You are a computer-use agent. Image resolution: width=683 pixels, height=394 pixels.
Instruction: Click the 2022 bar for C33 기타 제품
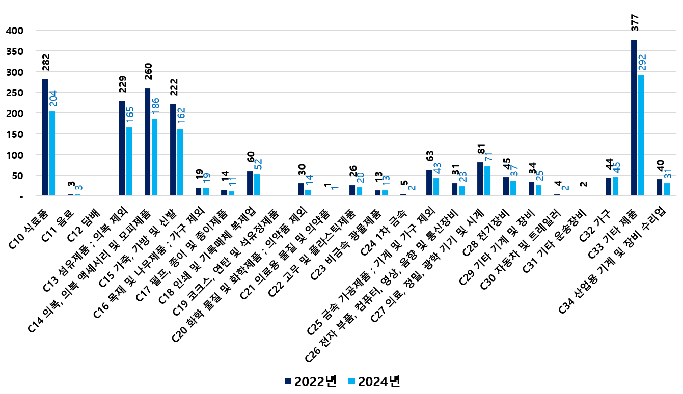point(634,118)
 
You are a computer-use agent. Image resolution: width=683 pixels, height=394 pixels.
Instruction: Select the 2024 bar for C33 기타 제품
point(641,135)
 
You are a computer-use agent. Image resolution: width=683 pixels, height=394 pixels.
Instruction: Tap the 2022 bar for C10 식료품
point(45,137)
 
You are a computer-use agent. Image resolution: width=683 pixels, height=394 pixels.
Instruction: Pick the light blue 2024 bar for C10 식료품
point(52,153)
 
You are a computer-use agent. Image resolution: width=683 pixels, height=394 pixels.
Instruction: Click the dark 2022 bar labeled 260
point(147,142)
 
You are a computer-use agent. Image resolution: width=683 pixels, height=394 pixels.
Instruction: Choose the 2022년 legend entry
point(311,382)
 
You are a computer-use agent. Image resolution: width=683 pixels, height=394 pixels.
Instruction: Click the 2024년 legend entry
point(373,382)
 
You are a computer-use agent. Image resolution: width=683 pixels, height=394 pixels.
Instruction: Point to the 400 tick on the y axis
point(15,31)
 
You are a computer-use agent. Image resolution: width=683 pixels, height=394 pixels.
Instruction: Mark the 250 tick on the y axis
point(15,93)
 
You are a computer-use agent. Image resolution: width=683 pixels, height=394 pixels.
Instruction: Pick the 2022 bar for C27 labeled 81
point(480,179)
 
